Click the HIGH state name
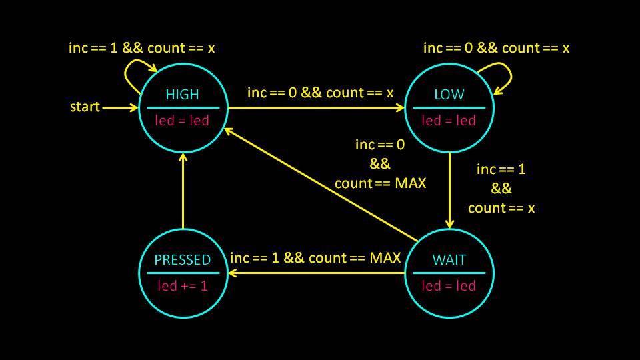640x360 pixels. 182,95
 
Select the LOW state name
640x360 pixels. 449,95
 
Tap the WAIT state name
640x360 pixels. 449,260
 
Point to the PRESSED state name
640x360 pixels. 182,260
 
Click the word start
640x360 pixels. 85,107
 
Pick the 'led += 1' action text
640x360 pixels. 182,285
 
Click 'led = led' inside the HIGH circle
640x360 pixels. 182,121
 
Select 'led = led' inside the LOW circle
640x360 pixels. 449,121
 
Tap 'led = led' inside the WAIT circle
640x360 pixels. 449,285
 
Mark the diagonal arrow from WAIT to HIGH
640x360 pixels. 320,183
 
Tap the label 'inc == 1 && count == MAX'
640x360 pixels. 315,258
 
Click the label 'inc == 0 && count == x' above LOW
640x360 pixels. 497,48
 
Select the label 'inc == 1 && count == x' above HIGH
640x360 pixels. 142,48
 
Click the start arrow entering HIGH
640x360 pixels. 120,107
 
